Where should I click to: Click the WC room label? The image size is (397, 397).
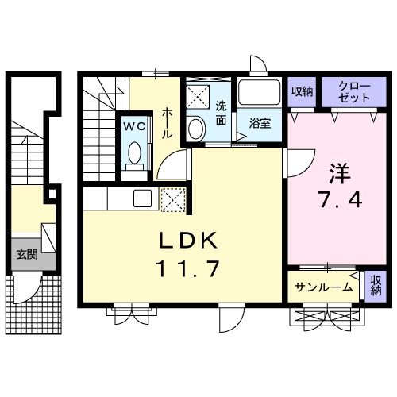tap(134, 126)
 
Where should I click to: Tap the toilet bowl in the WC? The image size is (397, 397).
tap(134, 153)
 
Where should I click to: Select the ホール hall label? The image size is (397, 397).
tap(167, 123)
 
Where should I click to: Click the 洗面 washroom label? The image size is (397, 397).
tap(221, 114)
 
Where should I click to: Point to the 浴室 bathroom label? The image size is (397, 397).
tap(260, 123)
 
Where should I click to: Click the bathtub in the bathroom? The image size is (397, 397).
tap(260, 92)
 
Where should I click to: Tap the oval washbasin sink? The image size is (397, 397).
tap(197, 129)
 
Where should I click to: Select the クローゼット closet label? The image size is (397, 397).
tap(354, 92)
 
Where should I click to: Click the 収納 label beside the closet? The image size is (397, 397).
tap(302, 91)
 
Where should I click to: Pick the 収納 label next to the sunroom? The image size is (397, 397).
tap(376, 285)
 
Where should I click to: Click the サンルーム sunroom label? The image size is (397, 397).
tap(323, 287)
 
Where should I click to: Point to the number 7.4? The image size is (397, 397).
tap(340, 200)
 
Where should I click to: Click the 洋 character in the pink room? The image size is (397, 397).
tap(340, 174)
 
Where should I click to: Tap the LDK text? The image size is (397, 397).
tap(188, 241)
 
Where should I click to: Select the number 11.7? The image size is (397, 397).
tap(188, 268)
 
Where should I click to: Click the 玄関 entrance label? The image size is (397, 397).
tap(27, 254)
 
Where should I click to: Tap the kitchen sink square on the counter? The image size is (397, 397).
tap(142, 198)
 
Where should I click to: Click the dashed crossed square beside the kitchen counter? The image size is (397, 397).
tap(173, 200)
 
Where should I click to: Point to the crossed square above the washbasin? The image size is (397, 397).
tap(198, 97)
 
